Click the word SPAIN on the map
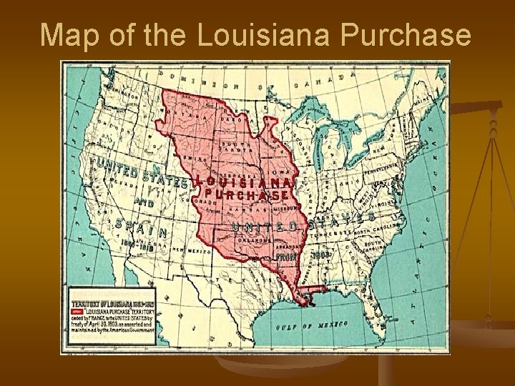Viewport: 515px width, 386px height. [x=142, y=228]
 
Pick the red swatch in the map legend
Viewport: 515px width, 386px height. [x=77, y=313]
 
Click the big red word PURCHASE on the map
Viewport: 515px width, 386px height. [x=247, y=194]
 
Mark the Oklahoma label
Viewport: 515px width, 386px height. [x=253, y=241]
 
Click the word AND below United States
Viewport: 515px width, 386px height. [x=144, y=203]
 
